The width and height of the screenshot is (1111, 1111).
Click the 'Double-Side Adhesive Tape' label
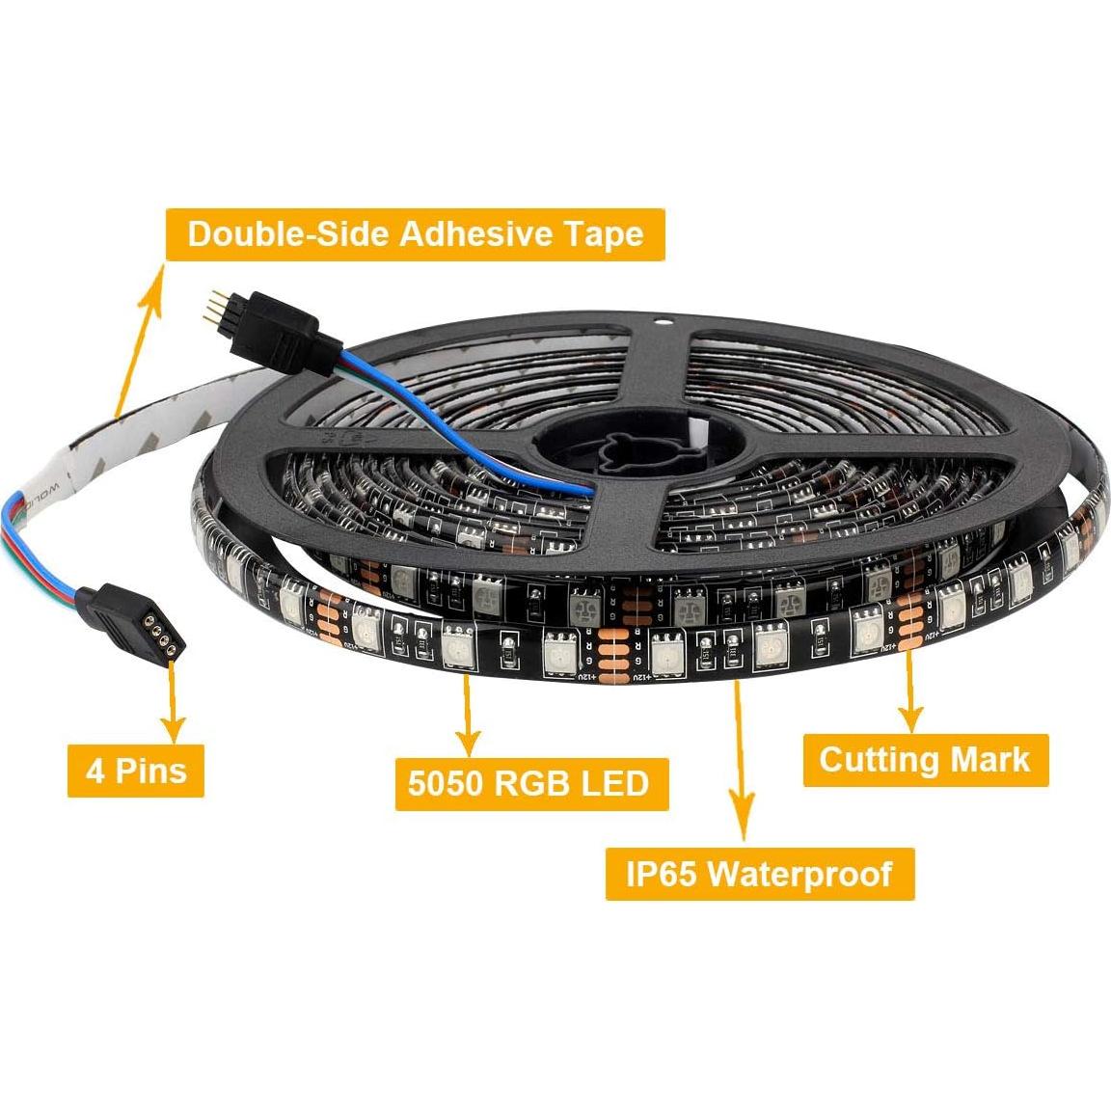coord(415,234)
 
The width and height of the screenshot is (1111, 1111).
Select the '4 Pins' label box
coord(136,770)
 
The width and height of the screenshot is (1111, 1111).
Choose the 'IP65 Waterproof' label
coord(759,874)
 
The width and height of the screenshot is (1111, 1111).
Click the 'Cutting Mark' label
coord(924,759)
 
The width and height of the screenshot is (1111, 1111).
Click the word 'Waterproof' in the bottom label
coord(799,874)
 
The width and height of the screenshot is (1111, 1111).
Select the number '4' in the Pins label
coord(95,770)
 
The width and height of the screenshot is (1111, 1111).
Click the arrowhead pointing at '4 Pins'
coord(174,725)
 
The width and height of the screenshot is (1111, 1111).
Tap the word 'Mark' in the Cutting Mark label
coord(990,759)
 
